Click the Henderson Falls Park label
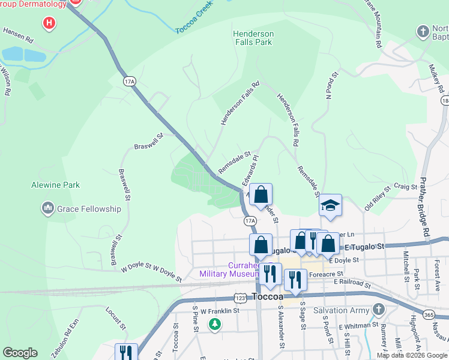coord(253,38)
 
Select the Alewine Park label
coord(55,185)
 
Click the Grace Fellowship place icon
coord(48,209)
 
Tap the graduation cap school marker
coord(330,206)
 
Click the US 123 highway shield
coord(240,298)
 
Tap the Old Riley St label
coord(378,196)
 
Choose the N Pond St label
coord(328,85)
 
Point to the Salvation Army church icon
coord(378,309)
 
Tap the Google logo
coord(20,353)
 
